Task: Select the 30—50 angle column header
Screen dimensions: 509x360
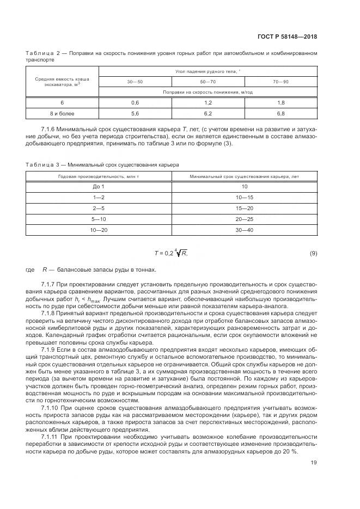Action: click(135, 81)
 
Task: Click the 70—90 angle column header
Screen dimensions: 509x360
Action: click(281, 81)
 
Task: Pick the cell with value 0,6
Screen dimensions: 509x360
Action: click(135, 102)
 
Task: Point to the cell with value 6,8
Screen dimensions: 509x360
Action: click(281, 113)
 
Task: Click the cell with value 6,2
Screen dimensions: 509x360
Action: click(208, 113)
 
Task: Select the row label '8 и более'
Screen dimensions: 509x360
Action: click(62, 113)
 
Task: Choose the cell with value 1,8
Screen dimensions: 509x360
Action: click(281, 102)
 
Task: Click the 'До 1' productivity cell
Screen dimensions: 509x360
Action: click(99, 187)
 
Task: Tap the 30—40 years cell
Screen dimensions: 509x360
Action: click(244, 230)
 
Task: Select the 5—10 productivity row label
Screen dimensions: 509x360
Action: click(99, 219)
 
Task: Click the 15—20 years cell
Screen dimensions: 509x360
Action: click(244, 208)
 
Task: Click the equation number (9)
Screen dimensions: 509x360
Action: click(313, 253)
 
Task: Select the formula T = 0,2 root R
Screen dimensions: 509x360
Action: click(171, 253)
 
